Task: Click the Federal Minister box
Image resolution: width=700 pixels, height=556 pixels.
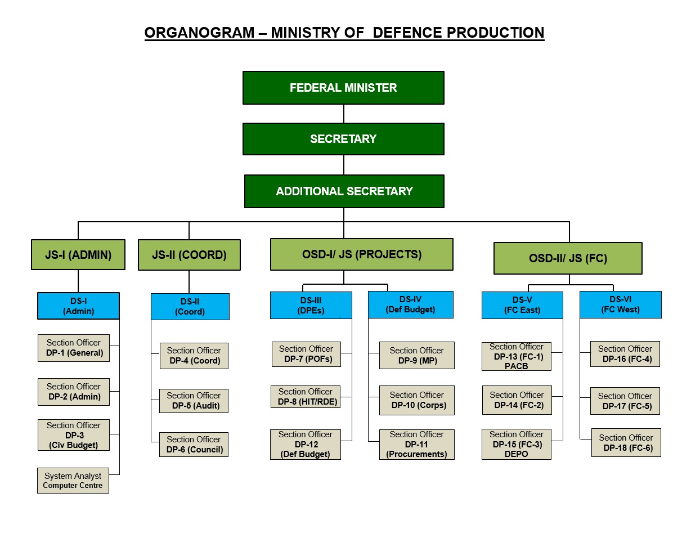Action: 343,88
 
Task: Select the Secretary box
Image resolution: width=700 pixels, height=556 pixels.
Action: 343,139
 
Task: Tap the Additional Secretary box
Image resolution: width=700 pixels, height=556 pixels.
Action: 344,191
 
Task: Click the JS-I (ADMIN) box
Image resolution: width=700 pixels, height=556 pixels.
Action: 78,255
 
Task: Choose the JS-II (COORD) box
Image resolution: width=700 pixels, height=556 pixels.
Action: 189,255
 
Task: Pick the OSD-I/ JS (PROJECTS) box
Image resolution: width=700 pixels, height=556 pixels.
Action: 361,254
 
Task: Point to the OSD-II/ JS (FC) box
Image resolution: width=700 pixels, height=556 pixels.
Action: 568,258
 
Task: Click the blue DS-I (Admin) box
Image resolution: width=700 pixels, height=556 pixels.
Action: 78,306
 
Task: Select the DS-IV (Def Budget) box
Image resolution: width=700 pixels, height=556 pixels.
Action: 410,304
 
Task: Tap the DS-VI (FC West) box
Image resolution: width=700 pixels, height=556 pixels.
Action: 620,304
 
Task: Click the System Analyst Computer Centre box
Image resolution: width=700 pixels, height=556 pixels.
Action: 73,481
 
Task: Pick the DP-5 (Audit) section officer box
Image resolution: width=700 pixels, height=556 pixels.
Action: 194,401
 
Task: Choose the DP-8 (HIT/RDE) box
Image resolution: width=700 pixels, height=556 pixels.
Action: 306,397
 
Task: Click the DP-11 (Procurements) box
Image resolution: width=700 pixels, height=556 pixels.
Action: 416,445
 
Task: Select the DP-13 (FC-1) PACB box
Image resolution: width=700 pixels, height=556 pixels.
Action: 516,357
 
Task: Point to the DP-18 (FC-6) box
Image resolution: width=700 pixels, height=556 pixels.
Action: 626,443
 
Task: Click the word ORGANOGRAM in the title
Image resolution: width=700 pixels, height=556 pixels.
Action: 199,33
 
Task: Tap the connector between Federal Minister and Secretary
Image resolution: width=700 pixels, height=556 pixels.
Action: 344,114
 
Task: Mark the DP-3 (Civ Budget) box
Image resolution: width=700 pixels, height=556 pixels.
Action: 74,435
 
